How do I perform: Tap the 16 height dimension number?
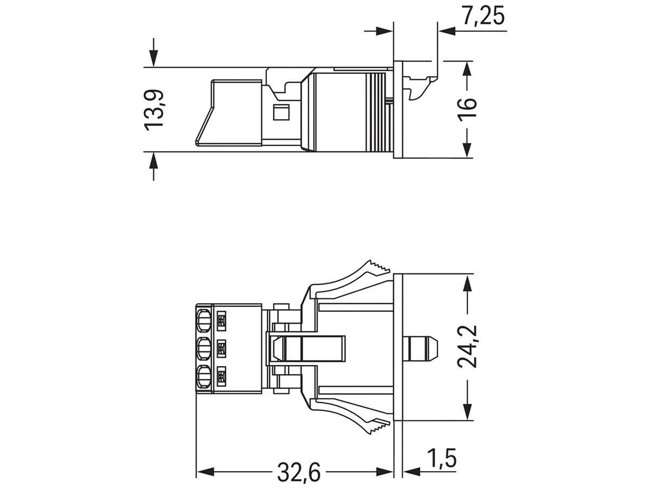468,109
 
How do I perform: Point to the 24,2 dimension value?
467,346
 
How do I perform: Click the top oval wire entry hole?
204,321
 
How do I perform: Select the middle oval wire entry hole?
204,348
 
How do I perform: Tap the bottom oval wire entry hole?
204,375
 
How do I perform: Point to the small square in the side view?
280,113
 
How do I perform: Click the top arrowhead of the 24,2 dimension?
468,280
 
